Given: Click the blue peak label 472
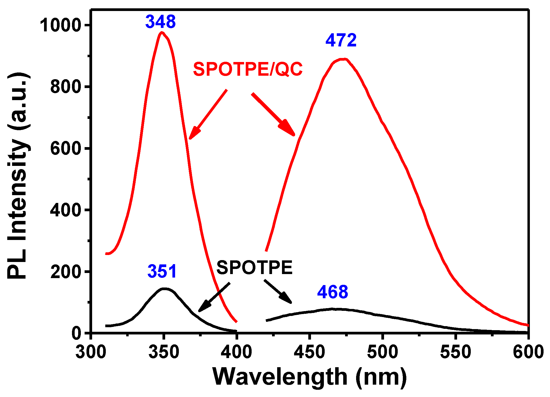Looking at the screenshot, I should (x=341, y=40).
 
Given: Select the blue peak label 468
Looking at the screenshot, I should (x=332, y=292).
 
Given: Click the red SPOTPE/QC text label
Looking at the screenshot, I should (x=248, y=69).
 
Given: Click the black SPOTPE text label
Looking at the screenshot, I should (x=254, y=268).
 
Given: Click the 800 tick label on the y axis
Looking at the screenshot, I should (x=66, y=87).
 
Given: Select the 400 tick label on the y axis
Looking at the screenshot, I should (x=66, y=210).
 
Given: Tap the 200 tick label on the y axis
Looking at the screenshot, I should (x=66, y=272).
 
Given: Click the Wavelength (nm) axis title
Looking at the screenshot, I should (x=310, y=377).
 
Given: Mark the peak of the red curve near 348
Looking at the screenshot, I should (x=162, y=32).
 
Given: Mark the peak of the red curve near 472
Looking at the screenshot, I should (x=343, y=59).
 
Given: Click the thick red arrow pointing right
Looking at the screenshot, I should (x=273, y=114).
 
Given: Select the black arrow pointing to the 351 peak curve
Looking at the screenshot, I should (x=214, y=297).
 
